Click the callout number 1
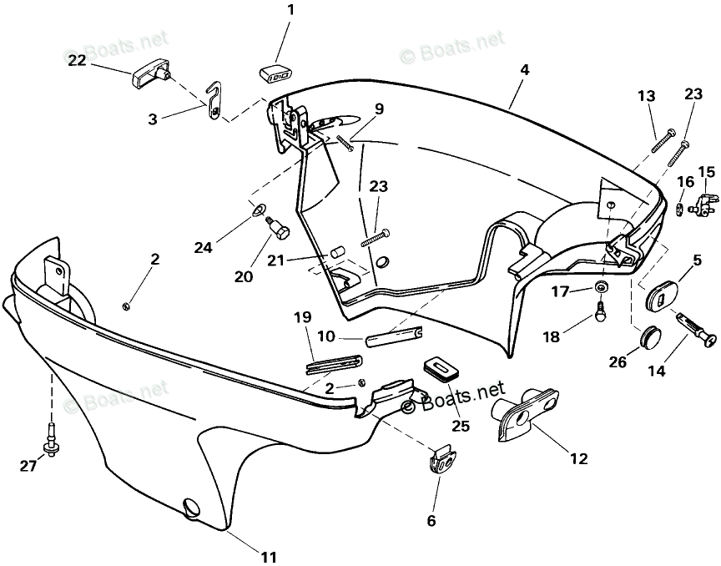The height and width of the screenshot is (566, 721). (x=290, y=11)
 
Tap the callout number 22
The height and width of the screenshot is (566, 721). (x=77, y=60)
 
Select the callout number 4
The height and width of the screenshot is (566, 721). (x=523, y=71)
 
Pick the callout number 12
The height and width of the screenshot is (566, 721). (x=578, y=458)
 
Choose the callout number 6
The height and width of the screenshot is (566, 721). (x=431, y=522)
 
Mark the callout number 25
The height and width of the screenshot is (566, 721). (x=460, y=426)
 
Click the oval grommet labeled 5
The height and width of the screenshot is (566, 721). (x=664, y=291)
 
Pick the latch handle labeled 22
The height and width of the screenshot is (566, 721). (x=149, y=76)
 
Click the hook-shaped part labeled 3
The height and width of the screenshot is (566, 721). (x=216, y=101)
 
